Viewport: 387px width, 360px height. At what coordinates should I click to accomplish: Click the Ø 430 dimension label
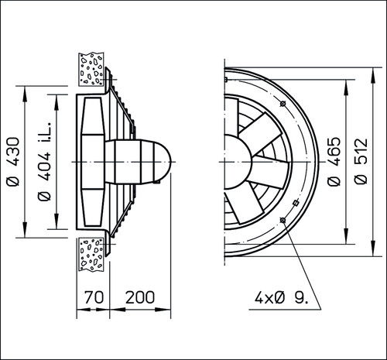(x=13, y=162)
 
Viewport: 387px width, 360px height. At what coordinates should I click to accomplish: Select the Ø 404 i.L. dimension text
(x=44, y=161)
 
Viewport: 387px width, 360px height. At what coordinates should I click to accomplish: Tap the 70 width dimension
(x=94, y=297)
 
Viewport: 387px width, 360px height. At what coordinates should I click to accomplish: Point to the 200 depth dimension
(x=140, y=297)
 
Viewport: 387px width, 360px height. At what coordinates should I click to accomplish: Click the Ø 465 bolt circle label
(x=334, y=162)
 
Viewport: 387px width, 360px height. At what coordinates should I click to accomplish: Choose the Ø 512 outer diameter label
(x=361, y=161)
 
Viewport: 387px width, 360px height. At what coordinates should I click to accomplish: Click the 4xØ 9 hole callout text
(x=281, y=298)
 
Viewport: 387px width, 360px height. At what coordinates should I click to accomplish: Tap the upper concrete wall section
(x=91, y=69)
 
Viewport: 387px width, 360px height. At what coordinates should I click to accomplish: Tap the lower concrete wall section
(x=91, y=254)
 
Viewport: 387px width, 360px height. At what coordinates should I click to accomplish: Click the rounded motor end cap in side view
(x=163, y=162)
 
